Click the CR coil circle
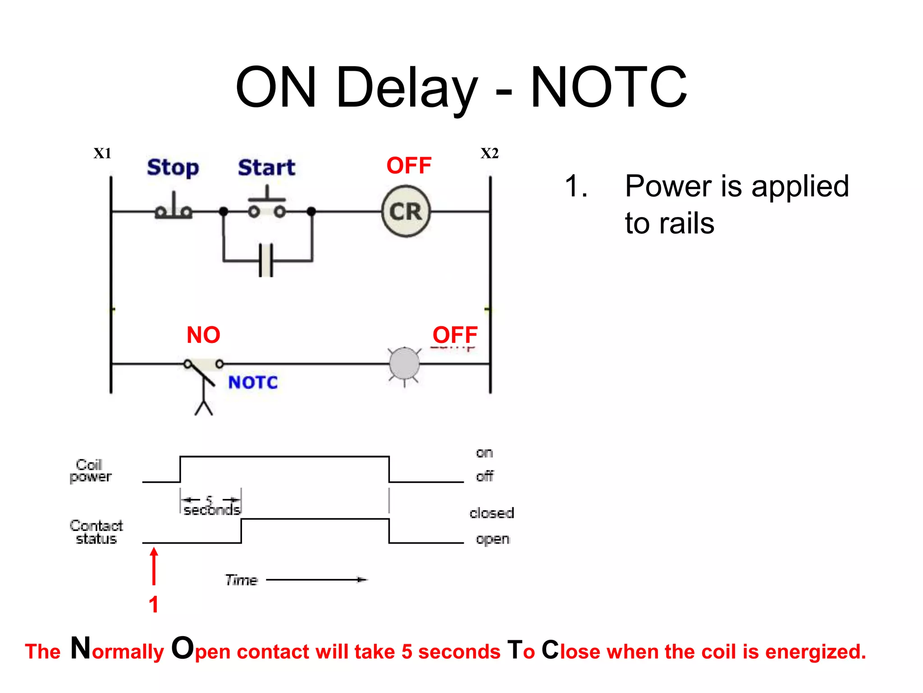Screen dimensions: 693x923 pos(406,211)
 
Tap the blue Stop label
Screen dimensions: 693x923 pos(173,167)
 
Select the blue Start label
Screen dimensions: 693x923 pos(266,167)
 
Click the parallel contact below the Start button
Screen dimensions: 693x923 pos(266,260)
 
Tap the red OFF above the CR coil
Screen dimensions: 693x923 pos(409,166)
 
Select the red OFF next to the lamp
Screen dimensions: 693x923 pos(455,335)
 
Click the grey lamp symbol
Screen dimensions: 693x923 pos(404,364)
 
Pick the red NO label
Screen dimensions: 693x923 pos(203,335)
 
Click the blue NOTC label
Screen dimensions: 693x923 pos(253,383)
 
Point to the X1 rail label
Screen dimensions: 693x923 pos(102,153)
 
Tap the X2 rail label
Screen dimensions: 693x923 pos(489,153)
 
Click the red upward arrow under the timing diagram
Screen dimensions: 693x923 pos(154,566)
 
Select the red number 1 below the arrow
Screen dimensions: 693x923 pos(154,605)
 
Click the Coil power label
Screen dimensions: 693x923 pos(90,471)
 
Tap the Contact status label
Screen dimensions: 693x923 pos(96,532)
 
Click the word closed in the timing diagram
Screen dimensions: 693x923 pos(491,513)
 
